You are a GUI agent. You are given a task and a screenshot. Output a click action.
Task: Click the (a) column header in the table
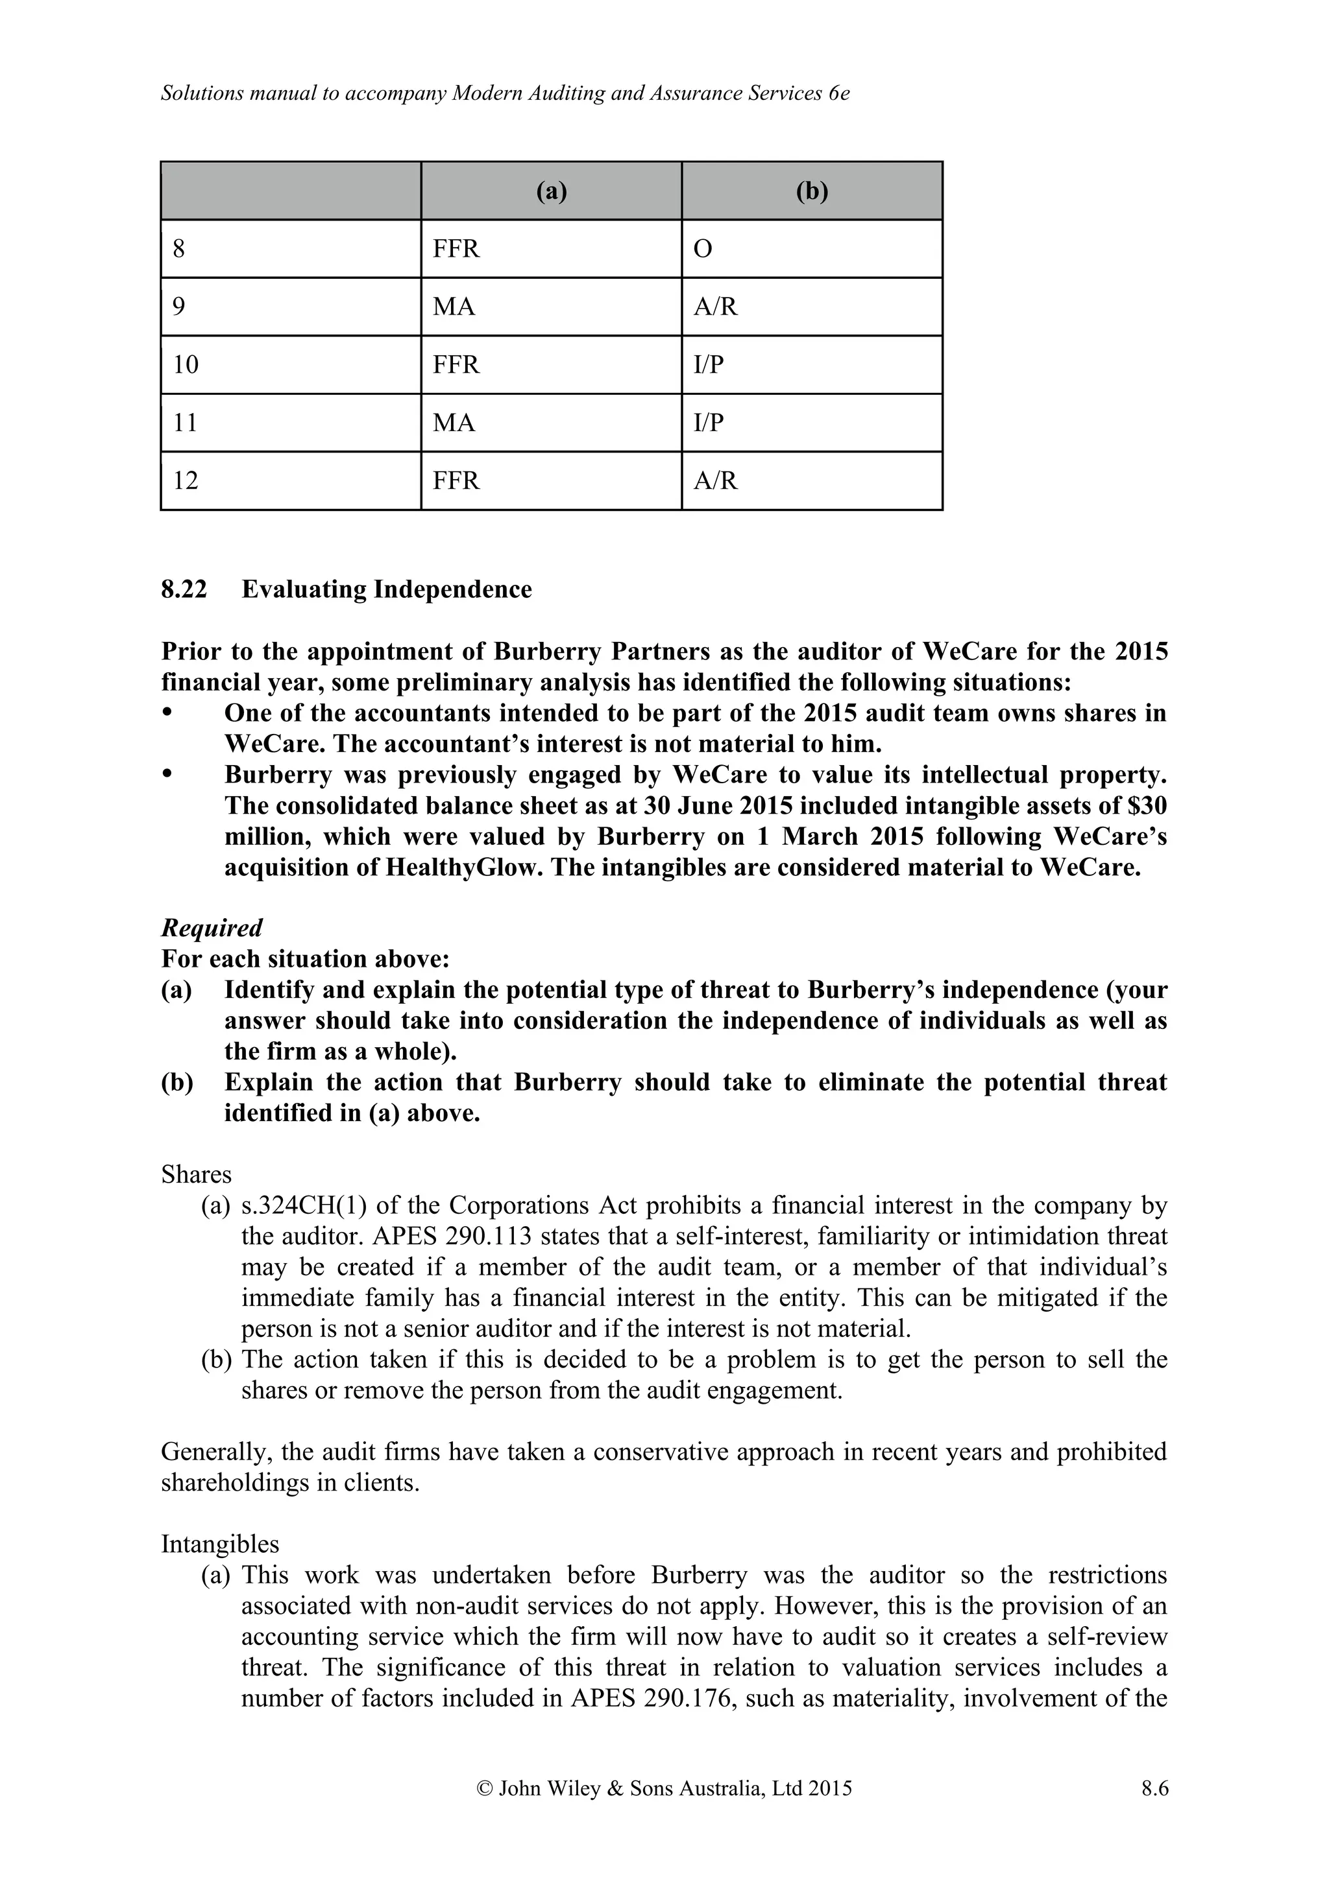coord(551,191)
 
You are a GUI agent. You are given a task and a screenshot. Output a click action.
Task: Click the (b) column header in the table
coord(812,191)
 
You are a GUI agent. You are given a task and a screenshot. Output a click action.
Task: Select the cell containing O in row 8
coord(703,249)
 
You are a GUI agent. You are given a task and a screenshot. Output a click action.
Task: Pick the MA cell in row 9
coord(454,307)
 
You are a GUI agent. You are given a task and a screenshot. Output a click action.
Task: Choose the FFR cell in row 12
coord(456,480)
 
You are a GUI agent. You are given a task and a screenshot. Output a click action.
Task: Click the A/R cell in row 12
coord(715,480)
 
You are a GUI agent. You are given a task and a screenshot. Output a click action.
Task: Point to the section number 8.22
coord(184,589)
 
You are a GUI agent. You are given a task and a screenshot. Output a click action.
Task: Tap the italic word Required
coord(212,928)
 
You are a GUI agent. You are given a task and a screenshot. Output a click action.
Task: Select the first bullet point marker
coord(168,713)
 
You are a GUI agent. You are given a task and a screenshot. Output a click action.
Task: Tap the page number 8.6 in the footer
coord(1154,1789)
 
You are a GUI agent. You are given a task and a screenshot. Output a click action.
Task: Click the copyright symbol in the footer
coord(484,1789)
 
